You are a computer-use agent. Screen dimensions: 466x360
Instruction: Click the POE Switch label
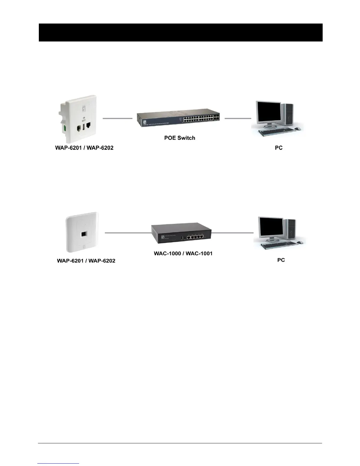tap(179, 138)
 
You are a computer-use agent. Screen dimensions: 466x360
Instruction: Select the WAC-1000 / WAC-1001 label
tap(183, 253)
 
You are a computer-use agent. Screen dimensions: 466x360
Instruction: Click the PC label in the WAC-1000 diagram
tap(281, 260)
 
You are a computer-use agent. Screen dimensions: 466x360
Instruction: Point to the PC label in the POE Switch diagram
tap(279, 148)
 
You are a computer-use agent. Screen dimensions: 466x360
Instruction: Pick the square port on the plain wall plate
tap(84, 234)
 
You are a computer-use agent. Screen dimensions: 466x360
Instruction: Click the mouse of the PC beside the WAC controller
tap(300, 242)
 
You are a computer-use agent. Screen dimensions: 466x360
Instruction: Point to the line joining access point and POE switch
tap(117, 118)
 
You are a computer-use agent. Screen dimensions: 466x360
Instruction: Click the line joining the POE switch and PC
tap(238, 118)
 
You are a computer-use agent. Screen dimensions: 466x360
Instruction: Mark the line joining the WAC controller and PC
tap(232, 233)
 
